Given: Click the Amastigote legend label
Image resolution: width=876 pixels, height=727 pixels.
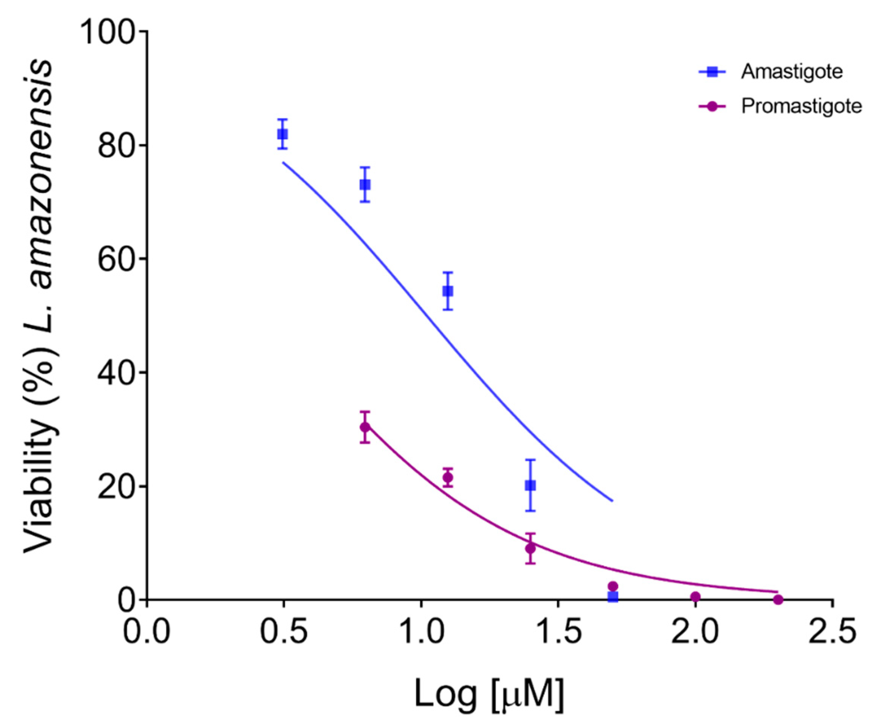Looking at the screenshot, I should [x=791, y=72].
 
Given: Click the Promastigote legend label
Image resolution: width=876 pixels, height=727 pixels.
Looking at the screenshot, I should [x=801, y=106].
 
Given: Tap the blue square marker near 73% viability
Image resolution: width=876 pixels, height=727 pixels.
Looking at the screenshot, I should [x=365, y=184].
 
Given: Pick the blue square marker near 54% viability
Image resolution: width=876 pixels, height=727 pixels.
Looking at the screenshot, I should [x=448, y=291].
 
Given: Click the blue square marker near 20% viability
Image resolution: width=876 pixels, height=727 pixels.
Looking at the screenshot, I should [x=530, y=485].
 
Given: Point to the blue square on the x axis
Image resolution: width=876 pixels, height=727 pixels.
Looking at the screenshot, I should [x=613, y=596].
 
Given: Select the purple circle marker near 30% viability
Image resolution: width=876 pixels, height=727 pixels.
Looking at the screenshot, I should [x=365, y=427].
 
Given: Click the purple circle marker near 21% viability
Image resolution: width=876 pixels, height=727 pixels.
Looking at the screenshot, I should [x=448, y=477].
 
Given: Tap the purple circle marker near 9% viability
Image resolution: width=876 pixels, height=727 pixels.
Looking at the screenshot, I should [x=530, y=548].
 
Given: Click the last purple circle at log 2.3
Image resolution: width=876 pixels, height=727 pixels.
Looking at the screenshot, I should [x=778, y=599].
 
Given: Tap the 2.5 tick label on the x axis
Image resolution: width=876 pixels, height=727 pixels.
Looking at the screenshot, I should [x=832, y=632].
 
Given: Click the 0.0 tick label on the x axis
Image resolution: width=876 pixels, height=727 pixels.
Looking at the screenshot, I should [x=147, y=632].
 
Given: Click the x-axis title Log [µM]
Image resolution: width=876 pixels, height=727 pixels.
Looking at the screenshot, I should [x=489, y=695].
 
